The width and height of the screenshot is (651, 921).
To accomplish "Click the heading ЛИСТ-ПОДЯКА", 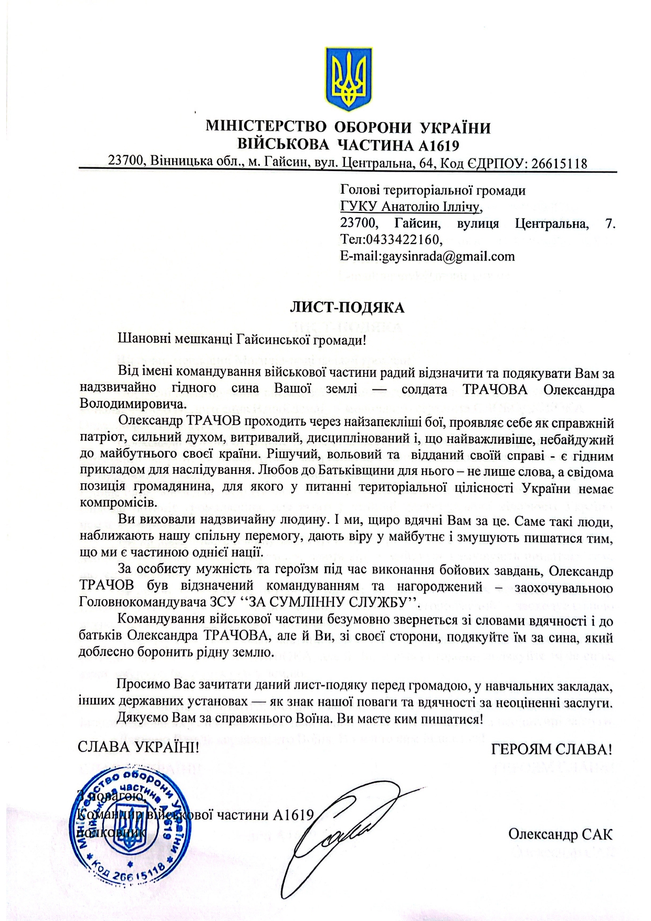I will tap(347, 307).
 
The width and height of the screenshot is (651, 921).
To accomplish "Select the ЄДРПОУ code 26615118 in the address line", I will tap(559, 164).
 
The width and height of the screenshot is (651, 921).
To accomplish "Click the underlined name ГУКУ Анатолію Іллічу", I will tap(411, 207).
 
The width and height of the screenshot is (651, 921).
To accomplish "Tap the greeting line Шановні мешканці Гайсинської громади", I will tap(242, 340).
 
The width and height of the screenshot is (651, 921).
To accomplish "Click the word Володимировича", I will tap(133, 404).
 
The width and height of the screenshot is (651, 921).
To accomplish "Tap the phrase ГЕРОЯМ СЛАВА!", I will tap(551, 749).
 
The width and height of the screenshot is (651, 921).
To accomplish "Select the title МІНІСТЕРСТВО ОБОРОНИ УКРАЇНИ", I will tap(348, 128).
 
